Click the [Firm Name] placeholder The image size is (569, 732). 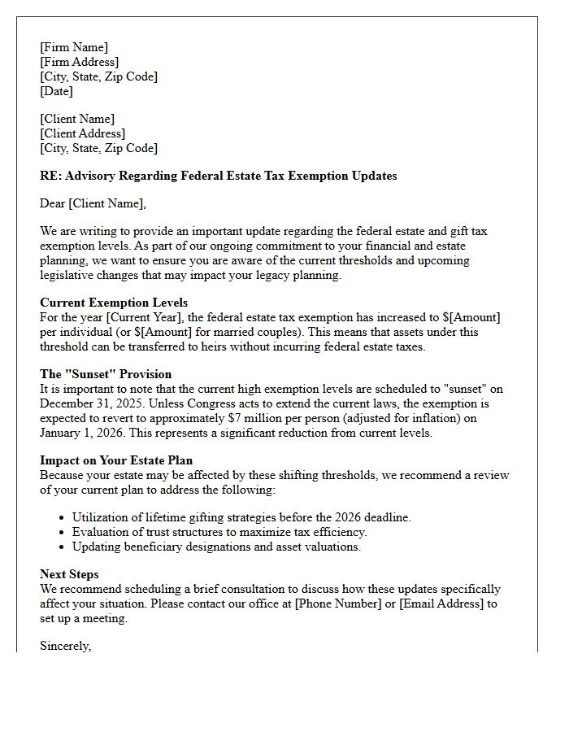74,47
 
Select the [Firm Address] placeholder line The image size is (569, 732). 80,62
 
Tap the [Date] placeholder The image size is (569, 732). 56,91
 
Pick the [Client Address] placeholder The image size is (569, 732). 82,133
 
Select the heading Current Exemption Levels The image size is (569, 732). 114,303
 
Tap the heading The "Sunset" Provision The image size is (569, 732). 106,374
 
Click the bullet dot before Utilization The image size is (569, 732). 63,518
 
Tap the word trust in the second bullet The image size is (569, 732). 154,532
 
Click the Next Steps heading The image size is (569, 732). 69,574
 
